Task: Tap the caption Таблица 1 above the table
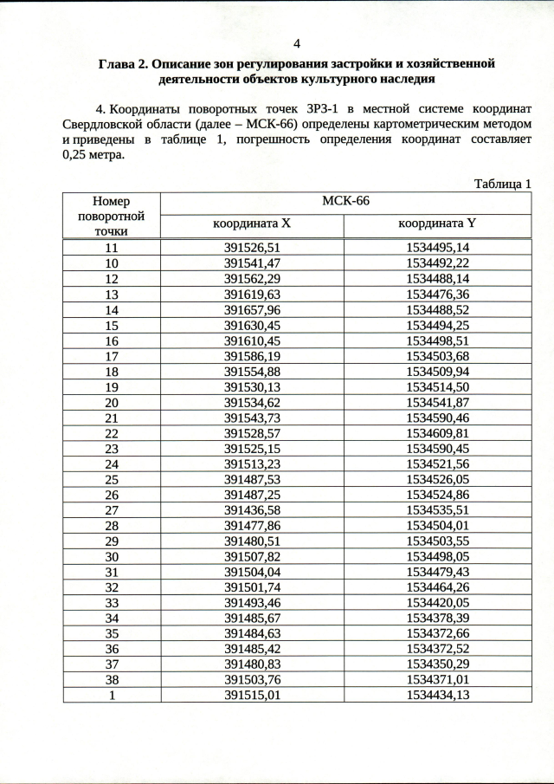(502, 183)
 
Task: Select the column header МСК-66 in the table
(345, 201)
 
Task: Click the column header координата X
(252, 224)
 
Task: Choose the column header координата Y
(437, 224)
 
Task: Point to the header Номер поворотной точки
(111, 216)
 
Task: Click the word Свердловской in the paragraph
(104, 125)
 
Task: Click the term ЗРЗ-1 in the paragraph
(319, 109)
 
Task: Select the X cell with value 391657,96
(253, 309)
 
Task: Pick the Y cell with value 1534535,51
(437, 511)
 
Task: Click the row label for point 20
(111, 403)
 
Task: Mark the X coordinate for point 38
(253, 679)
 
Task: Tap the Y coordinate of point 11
(437, 247)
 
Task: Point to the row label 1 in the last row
(111, 694)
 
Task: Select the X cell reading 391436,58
(253, 511)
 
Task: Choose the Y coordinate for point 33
(437, 601)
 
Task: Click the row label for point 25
(111, 480)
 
